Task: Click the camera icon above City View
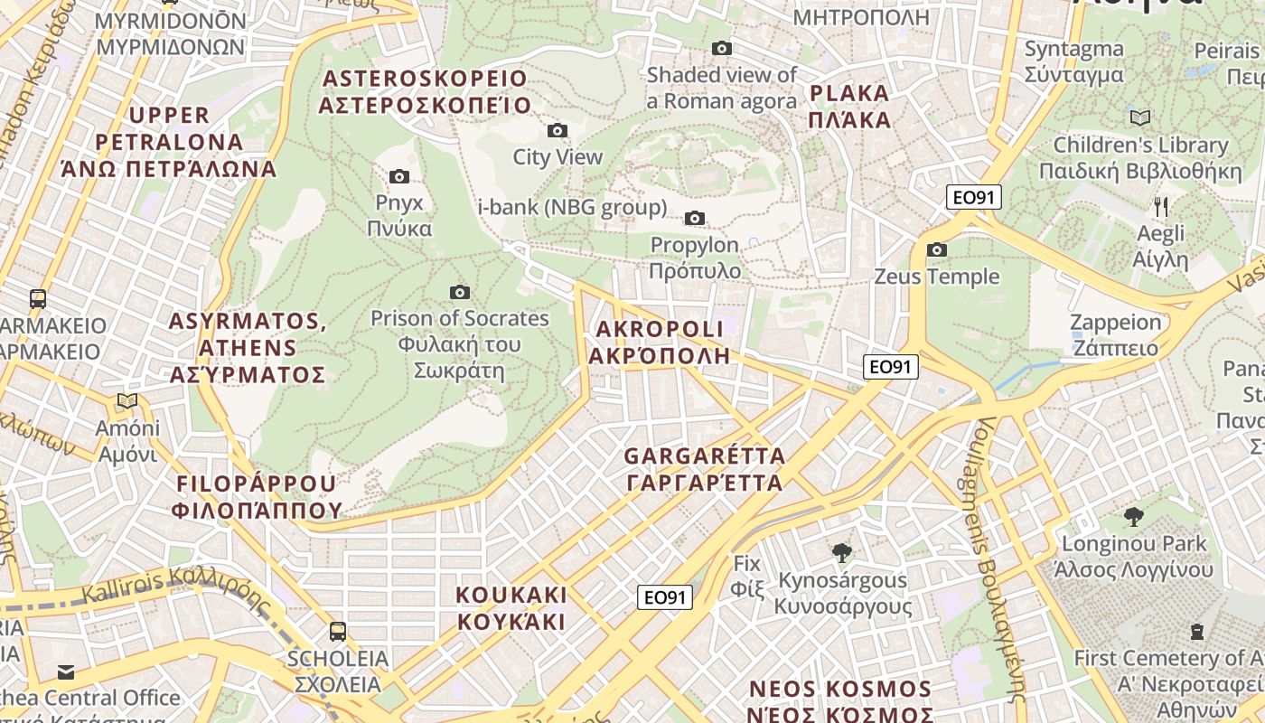tap(558, 130)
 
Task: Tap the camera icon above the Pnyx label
tap(398, 176)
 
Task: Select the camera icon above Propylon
tap(695, 218)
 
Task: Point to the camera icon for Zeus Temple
tap(937, 249)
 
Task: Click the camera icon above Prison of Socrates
tap(460, 292)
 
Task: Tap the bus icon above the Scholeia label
tap(338, 631)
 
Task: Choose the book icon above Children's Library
tap(1140, 117)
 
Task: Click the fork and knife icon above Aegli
tap(1161, 207)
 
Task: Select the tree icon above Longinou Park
tap(1134, 517)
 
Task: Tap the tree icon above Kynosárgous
tap(842, 552)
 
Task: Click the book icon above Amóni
tap(127, 400)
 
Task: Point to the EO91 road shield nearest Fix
tap(665, 597)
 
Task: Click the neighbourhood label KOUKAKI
tap(511, 596)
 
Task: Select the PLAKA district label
tap(849, 93)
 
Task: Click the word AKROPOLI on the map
tap(659, 329)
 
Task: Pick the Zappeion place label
tap(1115, 323)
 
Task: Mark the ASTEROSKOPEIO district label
tap(424, 79)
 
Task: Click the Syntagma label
tap(1073, 50)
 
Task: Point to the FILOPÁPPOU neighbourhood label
tap(257, 484)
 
